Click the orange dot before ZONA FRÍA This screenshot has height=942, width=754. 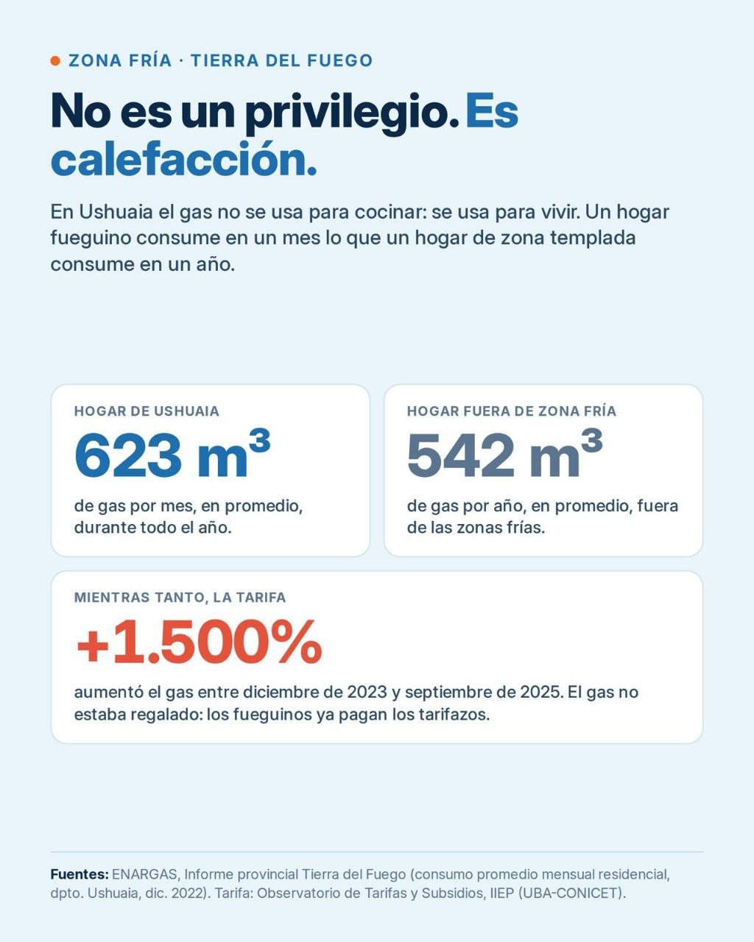click(x=55, y=61)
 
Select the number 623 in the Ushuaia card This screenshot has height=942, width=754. click(x=128, y=456)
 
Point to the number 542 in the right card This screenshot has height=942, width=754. click(x=460, y=456)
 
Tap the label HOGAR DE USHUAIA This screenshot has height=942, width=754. click(x=147, y=411)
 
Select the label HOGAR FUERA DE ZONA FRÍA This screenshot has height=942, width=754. click(x=512, y=411)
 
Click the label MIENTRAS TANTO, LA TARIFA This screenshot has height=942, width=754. click(x=180, y=598)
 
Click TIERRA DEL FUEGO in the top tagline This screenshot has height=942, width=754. click(x=282, y=61)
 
